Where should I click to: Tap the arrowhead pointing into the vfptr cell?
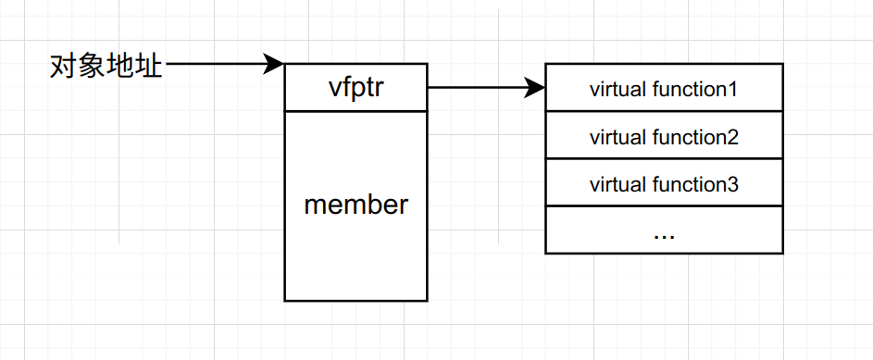tap(274, 64)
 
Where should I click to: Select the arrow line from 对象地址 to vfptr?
tap(218, 64)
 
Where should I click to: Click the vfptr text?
tap(355, 88)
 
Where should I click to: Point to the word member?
tap(355, 205)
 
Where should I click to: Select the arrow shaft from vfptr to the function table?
tap(477, 88)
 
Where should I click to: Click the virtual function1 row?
tap(664, 89)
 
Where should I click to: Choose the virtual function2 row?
tap(664, 136)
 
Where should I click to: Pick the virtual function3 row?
tap(664, 183)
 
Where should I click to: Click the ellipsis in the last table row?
tap(664, 233)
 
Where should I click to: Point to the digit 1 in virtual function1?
tap(732, 90)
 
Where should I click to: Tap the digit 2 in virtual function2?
tap(732, 137)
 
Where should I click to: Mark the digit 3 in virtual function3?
tap(732, 184)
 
